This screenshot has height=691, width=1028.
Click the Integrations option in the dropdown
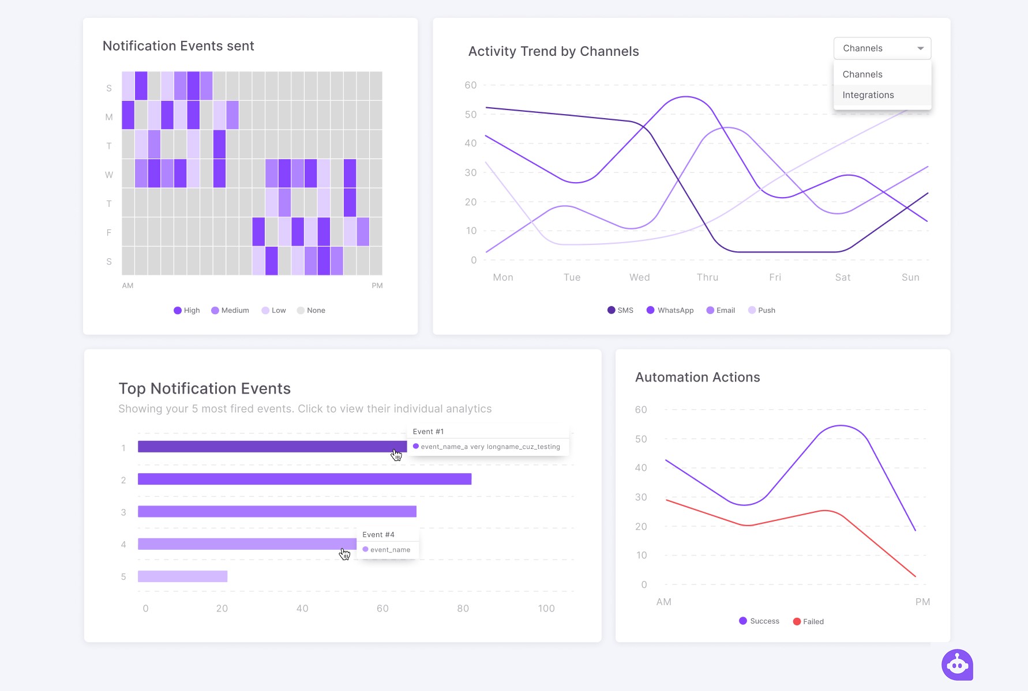(x=868, y=95)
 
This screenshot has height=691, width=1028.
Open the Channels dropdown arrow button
(x=920, y=48)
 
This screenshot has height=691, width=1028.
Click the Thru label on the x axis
(x=707, y=277)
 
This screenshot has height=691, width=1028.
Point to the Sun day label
(x=910, y=277)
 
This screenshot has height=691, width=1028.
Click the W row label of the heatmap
(x=109, y=175)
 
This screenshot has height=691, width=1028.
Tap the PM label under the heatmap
(x=377, y=285)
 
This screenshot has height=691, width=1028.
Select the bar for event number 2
(x=305, y=479)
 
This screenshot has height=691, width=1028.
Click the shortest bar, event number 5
(x=182, y=576)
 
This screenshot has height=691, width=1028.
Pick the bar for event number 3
(x=277, y=511)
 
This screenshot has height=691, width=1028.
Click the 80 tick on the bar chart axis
(x=463, y=608)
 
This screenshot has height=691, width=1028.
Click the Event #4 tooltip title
(x=378, y=535)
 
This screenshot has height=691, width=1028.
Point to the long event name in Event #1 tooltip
(x=490, y=447)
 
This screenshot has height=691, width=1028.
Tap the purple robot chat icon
(x=957, y=664)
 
